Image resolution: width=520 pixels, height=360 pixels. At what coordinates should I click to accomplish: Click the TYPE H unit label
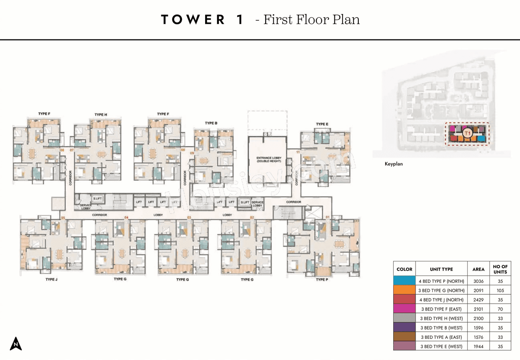coord(101,115)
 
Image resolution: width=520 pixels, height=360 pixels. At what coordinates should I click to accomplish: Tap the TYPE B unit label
coord(211,123)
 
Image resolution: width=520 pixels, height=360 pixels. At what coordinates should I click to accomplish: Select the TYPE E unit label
coord(322,124)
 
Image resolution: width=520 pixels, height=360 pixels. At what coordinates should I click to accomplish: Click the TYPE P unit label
coord(322,280)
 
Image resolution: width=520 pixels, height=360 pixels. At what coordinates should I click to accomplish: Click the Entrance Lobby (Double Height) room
coord(267,160)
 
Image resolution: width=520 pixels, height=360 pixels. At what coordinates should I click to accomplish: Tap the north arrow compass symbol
coord(16,343)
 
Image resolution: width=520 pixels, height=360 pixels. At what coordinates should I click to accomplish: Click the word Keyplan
coord(394,164)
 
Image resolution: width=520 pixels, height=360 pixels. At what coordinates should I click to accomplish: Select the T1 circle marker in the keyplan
coord(467,133)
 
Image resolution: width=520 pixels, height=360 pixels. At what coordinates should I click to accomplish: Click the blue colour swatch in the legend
coord(404,280)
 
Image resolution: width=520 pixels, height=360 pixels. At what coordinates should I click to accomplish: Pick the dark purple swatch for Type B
coord(404,327)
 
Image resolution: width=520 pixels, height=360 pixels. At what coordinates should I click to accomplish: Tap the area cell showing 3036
coord(478,280)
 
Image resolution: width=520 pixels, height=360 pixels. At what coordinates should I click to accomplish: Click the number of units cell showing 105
coord(500,290)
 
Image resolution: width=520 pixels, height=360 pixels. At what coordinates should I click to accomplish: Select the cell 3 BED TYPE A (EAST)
coord(441,337)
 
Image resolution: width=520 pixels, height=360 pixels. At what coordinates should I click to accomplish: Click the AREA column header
coord(478,269)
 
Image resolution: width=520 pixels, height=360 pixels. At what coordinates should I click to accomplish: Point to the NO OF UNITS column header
coord(500,269)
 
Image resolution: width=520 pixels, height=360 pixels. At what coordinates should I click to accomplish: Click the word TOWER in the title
coord(193,19)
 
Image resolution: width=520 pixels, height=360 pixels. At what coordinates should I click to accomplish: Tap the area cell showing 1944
coord(478,346)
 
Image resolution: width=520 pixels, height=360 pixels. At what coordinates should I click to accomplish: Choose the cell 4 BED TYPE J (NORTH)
coord(441,300)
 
